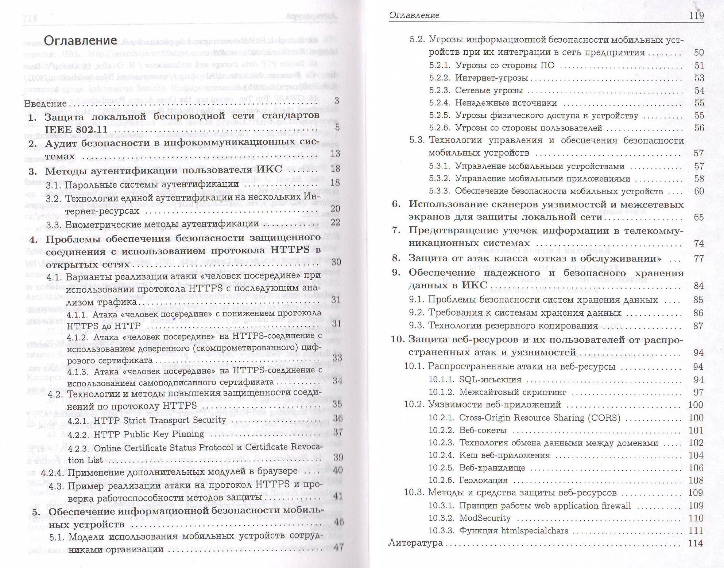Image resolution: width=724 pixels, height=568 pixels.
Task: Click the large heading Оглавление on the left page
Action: [80, 40]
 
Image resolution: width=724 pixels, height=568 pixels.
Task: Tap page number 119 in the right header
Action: [696, 15]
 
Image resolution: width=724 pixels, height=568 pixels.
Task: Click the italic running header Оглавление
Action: [414, 15]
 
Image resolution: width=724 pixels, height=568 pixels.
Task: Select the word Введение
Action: [45, 104]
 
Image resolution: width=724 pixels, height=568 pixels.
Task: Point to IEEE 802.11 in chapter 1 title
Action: [76, 129]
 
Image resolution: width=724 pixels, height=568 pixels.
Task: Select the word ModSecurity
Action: [485, 518]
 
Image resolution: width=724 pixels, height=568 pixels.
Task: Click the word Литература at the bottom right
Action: [415, 543]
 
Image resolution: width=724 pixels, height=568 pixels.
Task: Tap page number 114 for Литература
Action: [695, 543]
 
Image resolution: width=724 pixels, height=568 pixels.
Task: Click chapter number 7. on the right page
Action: [396, 230]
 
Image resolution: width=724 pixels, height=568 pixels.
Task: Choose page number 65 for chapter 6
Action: [698, 217]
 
